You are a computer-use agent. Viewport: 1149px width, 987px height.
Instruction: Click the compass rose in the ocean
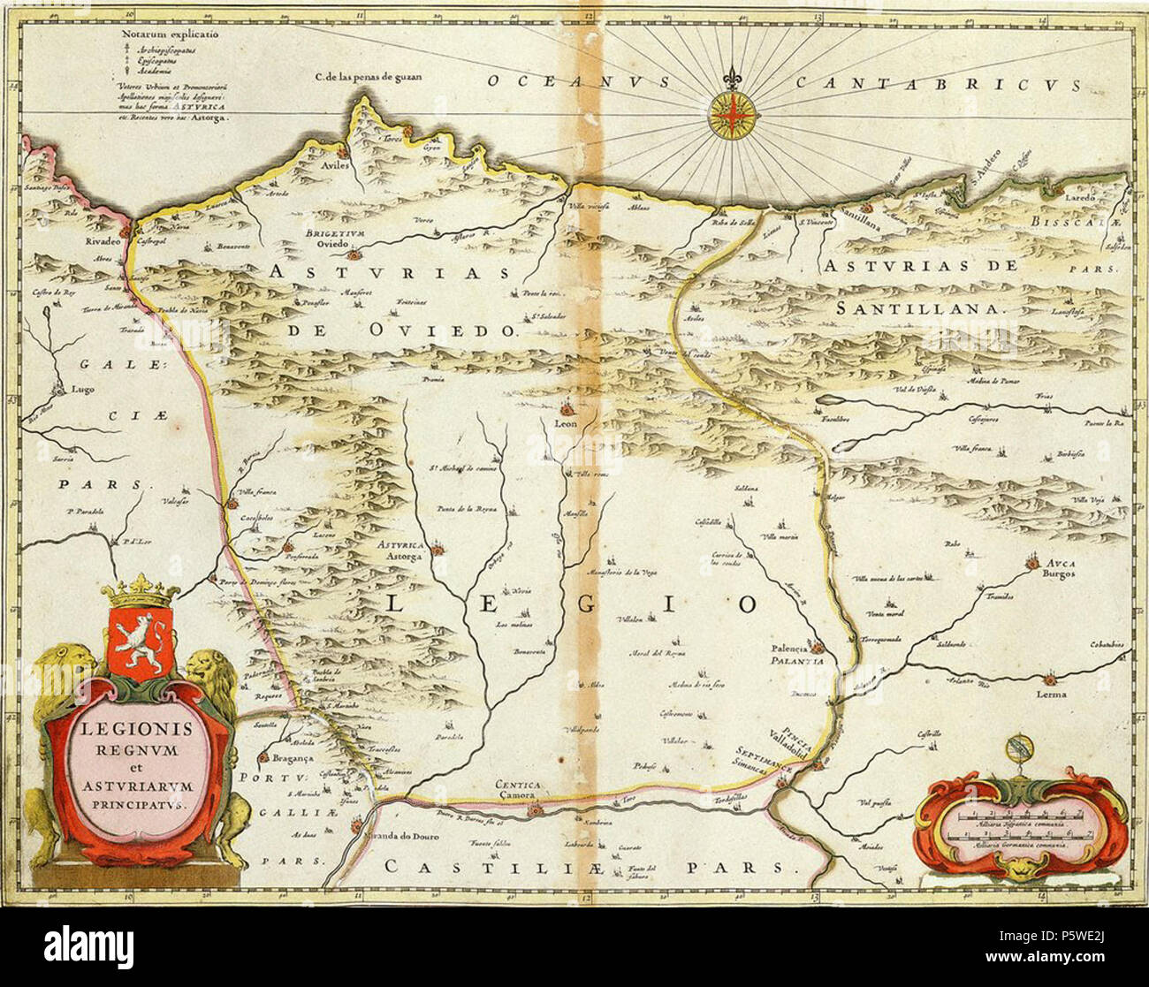tap(732, 117)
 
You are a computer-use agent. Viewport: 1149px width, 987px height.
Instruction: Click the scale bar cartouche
tap(1022, 827)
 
